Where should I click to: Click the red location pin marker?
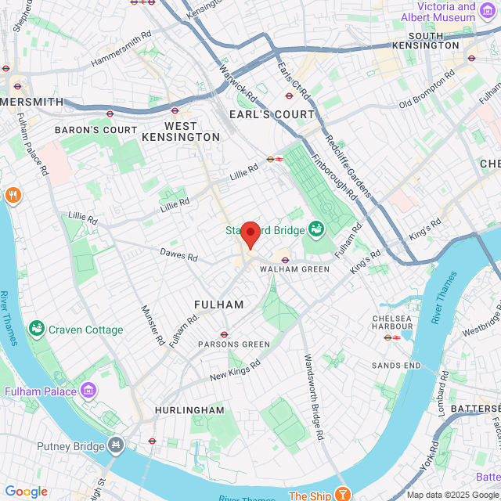coord(250,234)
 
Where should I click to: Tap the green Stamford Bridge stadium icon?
coord(316,229)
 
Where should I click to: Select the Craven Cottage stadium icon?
coord(36,330)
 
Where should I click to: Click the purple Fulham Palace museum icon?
coord(88,391)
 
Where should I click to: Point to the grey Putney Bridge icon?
coord(117,445)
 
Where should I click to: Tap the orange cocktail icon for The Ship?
coord(342,495)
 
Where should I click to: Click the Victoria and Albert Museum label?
coord(438,12)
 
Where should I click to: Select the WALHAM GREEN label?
coord(294,269)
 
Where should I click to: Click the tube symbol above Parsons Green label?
coord(225,334)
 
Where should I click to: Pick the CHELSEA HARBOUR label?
coord(392,323)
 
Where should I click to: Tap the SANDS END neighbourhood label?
coord(396,366)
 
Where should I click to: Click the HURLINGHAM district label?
coord(189,410)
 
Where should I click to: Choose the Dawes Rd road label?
coord(179,254)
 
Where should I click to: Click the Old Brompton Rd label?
coord(427,91)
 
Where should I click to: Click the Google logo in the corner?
coord(26,491)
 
